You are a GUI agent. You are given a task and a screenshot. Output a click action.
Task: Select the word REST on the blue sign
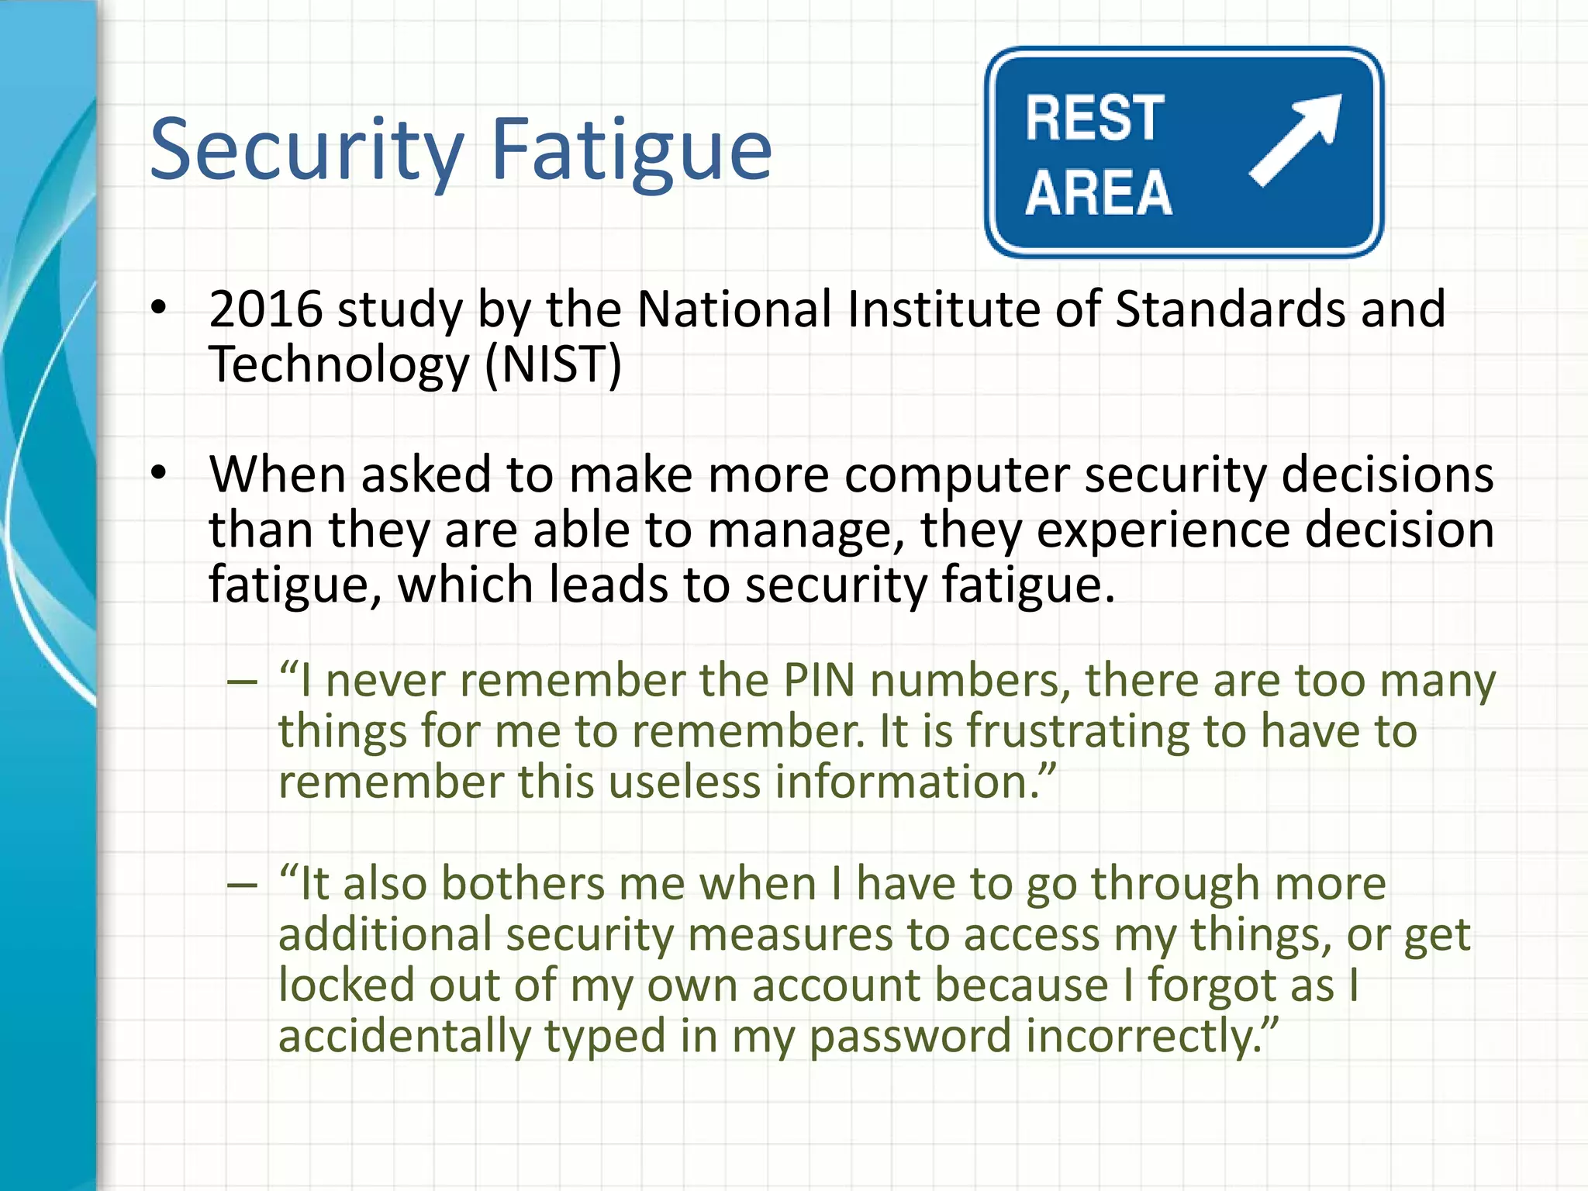click(x=1094, y=119)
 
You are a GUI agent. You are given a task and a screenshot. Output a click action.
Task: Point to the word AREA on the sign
click(x=1098, y=192)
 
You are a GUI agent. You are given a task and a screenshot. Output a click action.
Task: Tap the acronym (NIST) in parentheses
click(x=553, y=364)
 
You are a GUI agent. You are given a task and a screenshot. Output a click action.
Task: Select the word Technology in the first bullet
click(x=339, y=364)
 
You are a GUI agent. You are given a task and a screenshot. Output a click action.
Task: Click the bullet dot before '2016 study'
click(x=159, y=308)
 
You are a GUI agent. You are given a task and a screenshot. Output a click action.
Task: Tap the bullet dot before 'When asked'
click(x=159, y=473)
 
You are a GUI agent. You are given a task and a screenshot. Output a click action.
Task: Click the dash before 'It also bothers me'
click(x=242, y=884)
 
